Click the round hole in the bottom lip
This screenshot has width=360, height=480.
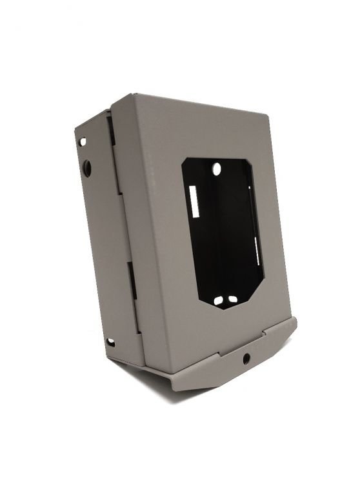coord(246,359)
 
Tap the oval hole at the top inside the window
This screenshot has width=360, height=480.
coord(217,169)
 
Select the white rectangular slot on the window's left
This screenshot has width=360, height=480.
coord(194,202)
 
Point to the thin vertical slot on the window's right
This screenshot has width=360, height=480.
coord(257,252)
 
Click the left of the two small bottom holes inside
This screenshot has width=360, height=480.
coord(218,300)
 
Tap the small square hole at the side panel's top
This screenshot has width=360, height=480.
coord(83,141)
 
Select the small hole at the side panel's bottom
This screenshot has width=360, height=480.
coord(110,341)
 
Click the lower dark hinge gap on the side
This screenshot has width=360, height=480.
coord(132,281)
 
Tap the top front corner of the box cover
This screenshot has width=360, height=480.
coord(132,94)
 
